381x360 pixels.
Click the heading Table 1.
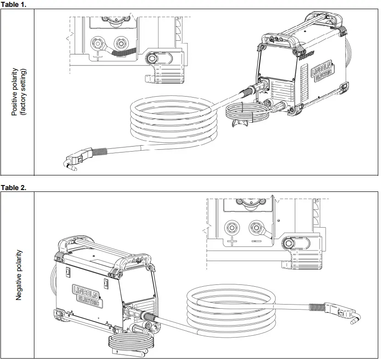[x=14, y=4]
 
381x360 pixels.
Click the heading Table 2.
[x=14, y=187]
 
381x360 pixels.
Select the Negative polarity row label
[x=19, y=275]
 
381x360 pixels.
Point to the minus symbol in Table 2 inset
[x=256, y=240]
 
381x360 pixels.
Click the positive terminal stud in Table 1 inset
[x=98, y=44]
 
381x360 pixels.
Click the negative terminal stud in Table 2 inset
[x=255, y=227]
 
